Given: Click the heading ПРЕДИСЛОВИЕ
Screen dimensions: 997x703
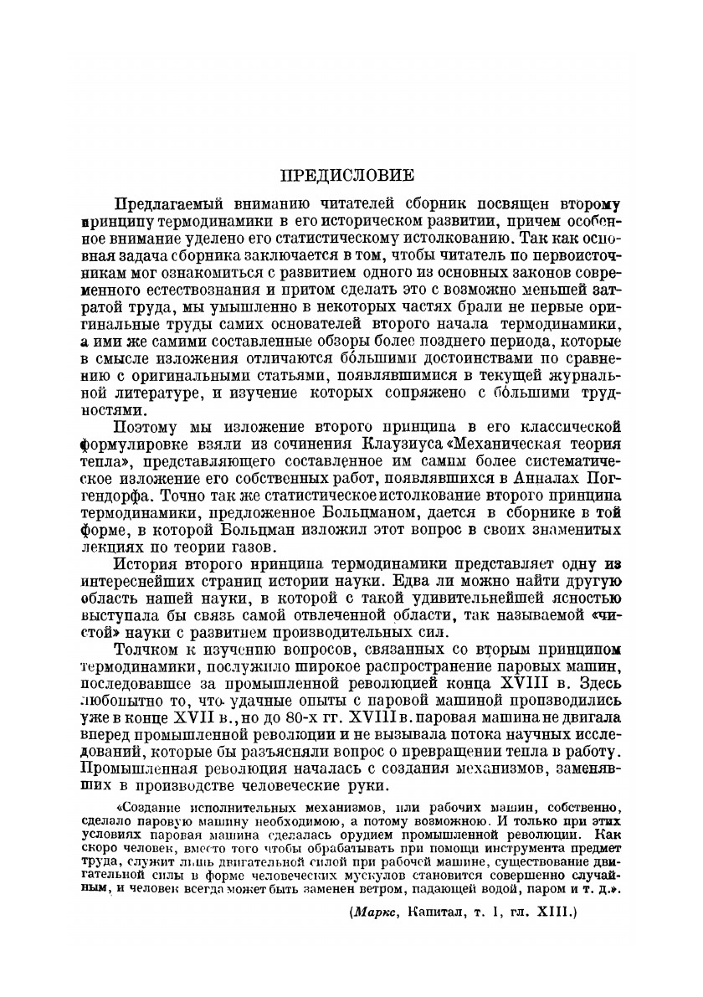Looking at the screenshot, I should tap(346, 176).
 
